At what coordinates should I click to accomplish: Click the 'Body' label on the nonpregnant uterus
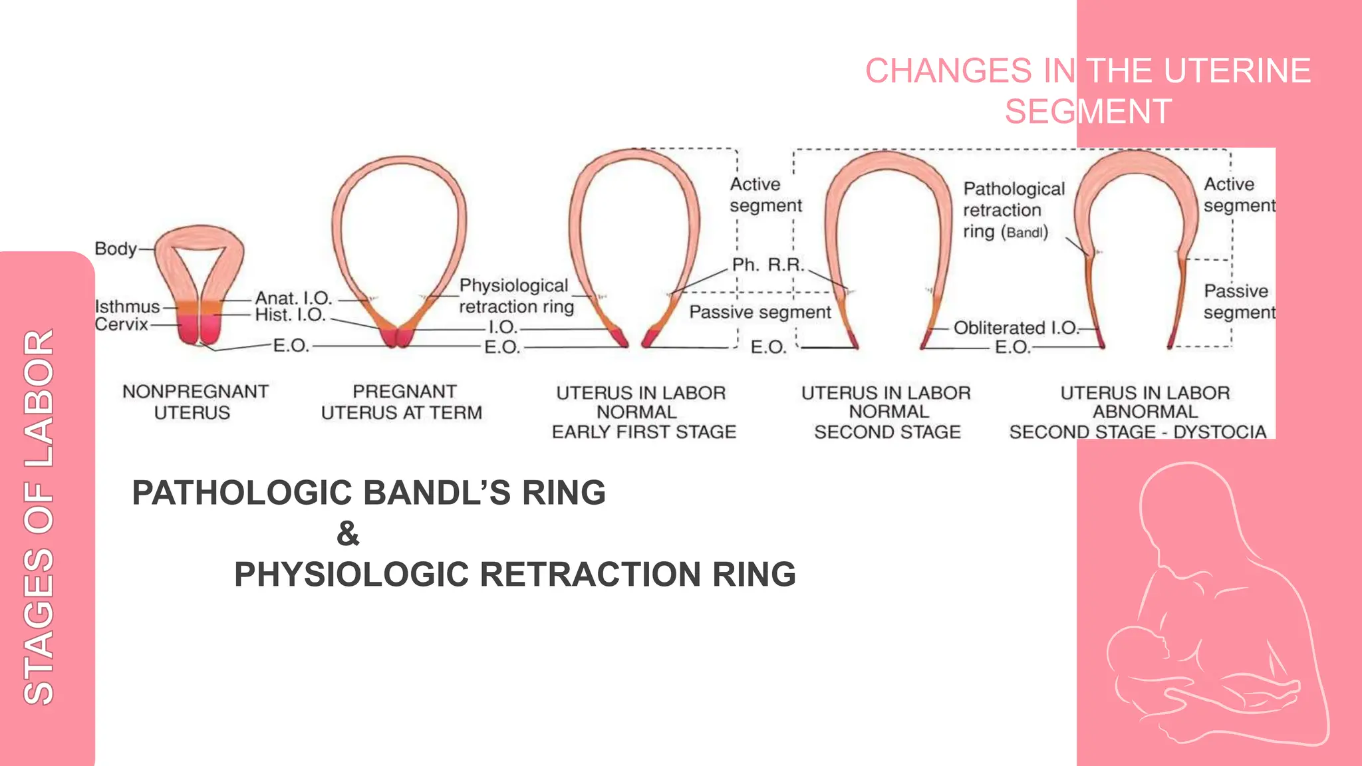pyautogui.click(x=116, y=249)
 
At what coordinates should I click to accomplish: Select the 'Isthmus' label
pyautogui.click(x=127, y=307)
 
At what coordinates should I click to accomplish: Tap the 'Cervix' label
pyautogui.click(x=121, y=324)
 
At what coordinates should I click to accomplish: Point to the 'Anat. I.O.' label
pyautogui.click(x=293, y=298)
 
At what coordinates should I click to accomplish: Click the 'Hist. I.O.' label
pyautogui.click(x=290, y=315)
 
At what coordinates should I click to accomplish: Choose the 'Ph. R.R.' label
pyautogui.click(x=767, y=265)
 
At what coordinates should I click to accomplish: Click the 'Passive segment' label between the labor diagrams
pyautogui.click(x=759, y=313)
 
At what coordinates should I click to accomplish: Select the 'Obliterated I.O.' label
pyautogui.click(x=1015, y=328)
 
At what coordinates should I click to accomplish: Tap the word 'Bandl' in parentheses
pyautogui.click(x=1025, y=233)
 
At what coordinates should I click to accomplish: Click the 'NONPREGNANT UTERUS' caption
pyautogui.click(x=194, y=402)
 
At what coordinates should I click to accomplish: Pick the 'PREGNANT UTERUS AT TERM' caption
pyautogui.click(x=402, y=402)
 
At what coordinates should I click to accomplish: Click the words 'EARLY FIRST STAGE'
pyautogui.click(x=644, y=432)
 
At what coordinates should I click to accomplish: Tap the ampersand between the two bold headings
pyautogui.click(x=348, y=533)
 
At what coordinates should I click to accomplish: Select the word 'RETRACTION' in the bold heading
pyautogui.click(x=589, y=574)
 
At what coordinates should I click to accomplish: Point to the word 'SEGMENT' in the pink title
pyautogui.click(x=1088, y=111)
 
